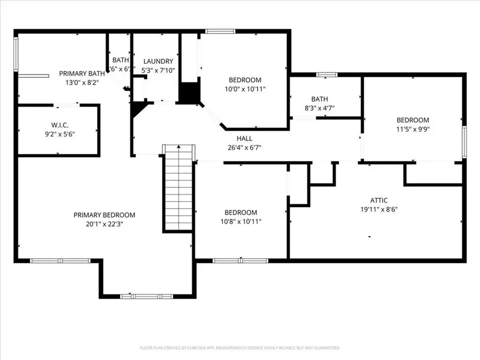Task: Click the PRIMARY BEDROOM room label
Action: [104, 215]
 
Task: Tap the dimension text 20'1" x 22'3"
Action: [104, 224]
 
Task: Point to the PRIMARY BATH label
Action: [82, 74]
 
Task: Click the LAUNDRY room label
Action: [158, 61]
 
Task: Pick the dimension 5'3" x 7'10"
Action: [158, 70]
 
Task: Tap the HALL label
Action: [244, 139]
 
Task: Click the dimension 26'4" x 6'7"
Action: [244, 148]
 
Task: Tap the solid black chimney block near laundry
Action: [188, 93]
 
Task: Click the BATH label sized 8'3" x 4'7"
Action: [319, 99]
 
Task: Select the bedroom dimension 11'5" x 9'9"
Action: [412, 129]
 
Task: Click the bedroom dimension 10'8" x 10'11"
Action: [241, 221]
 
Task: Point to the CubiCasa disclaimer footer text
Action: [239, 348]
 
